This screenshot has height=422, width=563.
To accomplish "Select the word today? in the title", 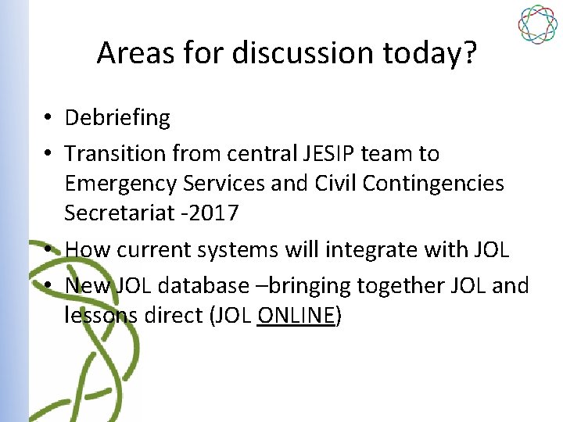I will (432, 53).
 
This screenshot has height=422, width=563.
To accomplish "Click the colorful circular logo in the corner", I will (537, 24).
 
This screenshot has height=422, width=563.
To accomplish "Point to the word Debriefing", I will (117, 118).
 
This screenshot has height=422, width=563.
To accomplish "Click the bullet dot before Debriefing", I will (48, 118).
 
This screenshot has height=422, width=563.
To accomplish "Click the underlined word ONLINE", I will (295, 316).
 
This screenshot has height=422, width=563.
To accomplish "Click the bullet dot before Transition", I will (48, 153).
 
